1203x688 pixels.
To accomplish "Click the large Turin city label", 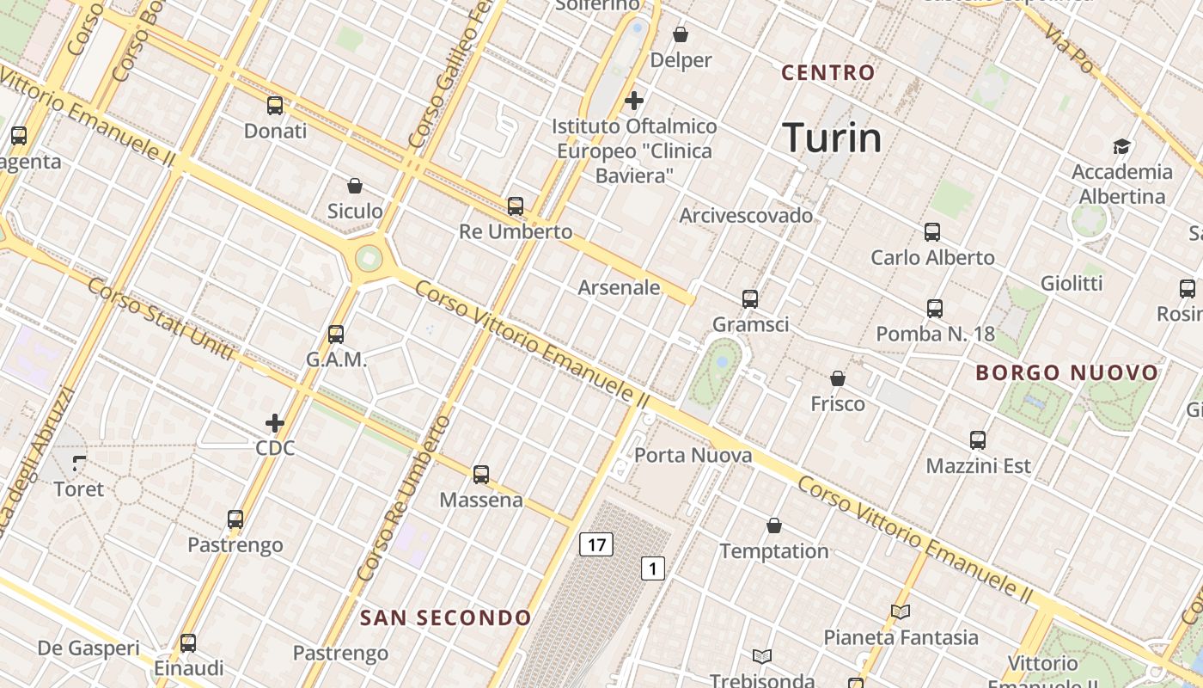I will pyautogui.click(x=832, y=138).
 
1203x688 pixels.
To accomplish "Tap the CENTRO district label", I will pyautogui.click(x=827, y=73).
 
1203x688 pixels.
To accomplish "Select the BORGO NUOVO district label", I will pyautogui.click(x=1067, y=373).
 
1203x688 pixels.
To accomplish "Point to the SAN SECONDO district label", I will pyautogui.click(x=445, y=617).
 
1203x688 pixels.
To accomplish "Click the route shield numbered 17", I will pyautogui.click(x=595, y=544).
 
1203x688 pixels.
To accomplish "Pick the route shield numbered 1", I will pyautogui.click(x=653, y=568).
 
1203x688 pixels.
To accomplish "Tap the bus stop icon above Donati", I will pyautogui.click(x=275, y=106).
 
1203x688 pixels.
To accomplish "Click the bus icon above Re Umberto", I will pyautogui.click(x=516, y=206).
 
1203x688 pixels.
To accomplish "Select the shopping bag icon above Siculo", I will pyautogui.click(x=354, y=185).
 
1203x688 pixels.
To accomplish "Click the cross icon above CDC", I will pyautogui.click(x=275, y=423).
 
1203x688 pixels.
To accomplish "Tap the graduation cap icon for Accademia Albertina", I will pyautogui.click(x=1121, y=146).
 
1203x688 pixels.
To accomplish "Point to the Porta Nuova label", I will pyautogui.click(x=693, y=455).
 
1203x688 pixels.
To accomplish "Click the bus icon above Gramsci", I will pyautogui.click(x=750, y=298).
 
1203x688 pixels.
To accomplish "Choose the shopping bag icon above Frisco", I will pyautogui.click(x=838, y=378).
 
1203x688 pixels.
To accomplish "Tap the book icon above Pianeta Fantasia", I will pyautogui.click(x=901, y=611).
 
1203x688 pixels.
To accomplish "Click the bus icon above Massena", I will pyautogui.click(x=481, y=474).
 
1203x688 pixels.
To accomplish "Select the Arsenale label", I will pyautogui.click(x=619, y=287).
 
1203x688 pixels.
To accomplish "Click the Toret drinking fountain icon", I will pyautogui.click(x=79, y=464).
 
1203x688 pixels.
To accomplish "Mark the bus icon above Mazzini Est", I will pyautogui.click(x=978, y=440).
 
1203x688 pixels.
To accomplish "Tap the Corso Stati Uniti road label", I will pyautogui.click(x=160, y=318).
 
